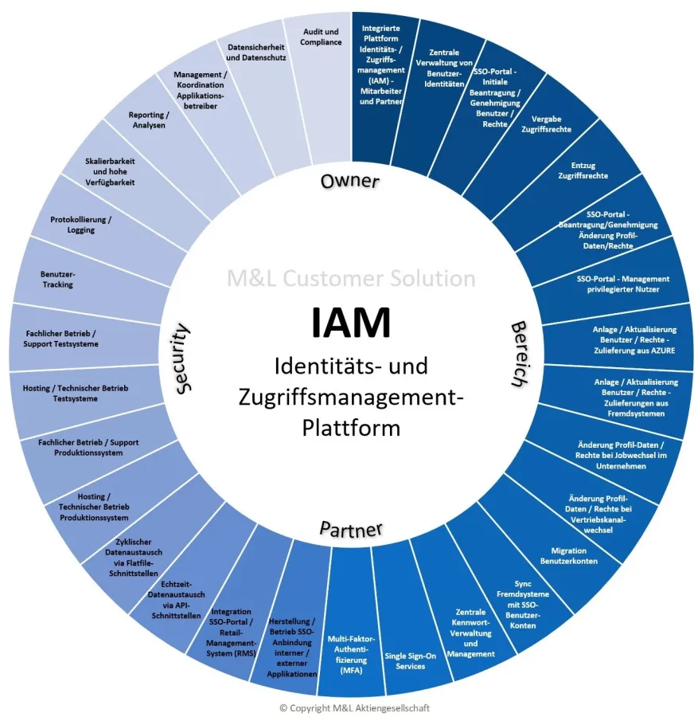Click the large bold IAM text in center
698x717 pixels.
click(x=350, y=323)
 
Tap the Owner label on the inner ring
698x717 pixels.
click(x=350, y=182)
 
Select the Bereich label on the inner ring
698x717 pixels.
click(x=519, y=354)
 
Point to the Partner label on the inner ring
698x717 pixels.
click(x=351, y=528)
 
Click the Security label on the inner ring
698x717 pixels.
click(x=181, y=357)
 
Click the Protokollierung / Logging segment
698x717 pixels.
click(x=81, y=225)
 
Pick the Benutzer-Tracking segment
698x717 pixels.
click(x=57, y=279)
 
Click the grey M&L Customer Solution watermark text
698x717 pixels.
click(x=351, y=279)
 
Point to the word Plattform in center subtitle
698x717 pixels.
click(x=351, y=428)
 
